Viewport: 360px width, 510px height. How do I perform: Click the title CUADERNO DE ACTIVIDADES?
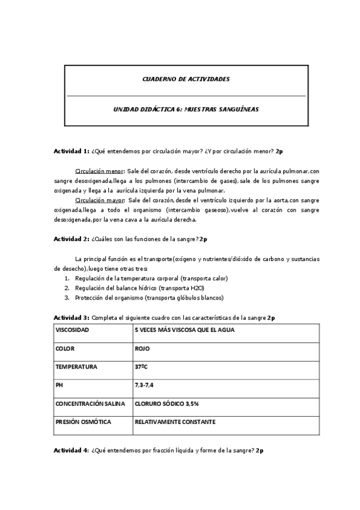[186, 79]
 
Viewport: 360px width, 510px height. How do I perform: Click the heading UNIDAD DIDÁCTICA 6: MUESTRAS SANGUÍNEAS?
[186, 110]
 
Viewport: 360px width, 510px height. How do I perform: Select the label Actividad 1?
[72, 150]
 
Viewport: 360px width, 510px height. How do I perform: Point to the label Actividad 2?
[72, 239]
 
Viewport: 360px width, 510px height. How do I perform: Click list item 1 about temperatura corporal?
[150, 278]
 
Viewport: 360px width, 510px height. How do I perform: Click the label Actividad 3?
[72, 318]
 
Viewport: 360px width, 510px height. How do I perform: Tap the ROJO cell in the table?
[143, 348]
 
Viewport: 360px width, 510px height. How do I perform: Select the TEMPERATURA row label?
[76, 366]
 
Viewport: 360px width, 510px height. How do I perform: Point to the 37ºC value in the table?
[142, 366]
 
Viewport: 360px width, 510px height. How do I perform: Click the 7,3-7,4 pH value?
[144, 385]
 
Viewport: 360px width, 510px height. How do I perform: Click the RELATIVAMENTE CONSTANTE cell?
[175, 422]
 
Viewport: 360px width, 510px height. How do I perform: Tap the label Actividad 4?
[72, 450]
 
